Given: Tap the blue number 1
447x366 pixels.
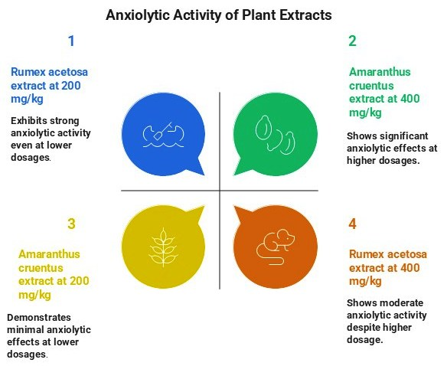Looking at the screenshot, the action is [71, 41].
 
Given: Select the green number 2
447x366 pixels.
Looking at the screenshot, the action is [352, 41].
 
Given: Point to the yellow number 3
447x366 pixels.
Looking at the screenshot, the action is [71, 224].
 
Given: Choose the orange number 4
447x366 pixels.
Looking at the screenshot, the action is [352, 224].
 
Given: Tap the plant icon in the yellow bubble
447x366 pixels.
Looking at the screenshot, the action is [163, 247].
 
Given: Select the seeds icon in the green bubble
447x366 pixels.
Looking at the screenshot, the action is [275, 134].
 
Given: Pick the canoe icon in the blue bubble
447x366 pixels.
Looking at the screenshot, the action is [163, 135].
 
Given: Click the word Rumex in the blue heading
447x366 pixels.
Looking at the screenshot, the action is [28, 72].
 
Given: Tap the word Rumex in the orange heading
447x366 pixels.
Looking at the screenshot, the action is [367, 254].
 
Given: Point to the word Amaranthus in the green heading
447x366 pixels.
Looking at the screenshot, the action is [380, 72].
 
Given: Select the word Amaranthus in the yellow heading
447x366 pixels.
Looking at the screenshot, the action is [49, 254].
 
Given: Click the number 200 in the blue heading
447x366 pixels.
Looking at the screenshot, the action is [70, 86].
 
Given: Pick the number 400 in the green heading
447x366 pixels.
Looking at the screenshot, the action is [410, 99].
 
